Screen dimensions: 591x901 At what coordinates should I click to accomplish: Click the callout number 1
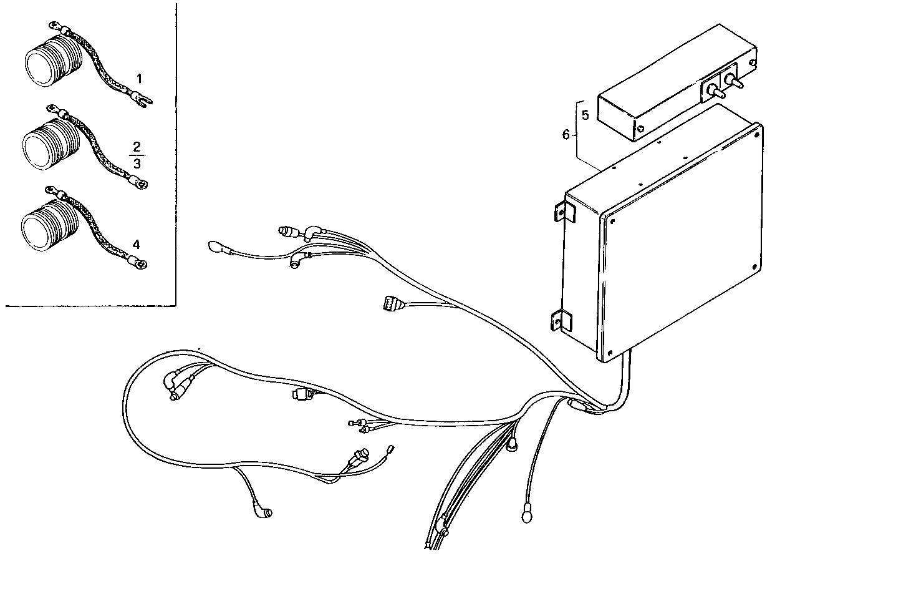[x=139, y=79]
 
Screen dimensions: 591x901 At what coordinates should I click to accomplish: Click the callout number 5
[x=585, y=115]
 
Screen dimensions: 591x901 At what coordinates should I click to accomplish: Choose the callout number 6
[x=566, y=134]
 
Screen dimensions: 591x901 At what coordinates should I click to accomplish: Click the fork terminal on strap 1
[x=143, y=101]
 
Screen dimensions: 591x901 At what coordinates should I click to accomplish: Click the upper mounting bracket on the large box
[x=559, y=210]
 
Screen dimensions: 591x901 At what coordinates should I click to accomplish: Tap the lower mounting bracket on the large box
[x=559, y=321]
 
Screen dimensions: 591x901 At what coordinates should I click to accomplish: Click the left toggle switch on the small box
[x=716, y=92]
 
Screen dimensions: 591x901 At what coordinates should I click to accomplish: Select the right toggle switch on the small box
[x=735, y=82]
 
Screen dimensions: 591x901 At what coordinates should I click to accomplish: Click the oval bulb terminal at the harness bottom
[x=526, y=516]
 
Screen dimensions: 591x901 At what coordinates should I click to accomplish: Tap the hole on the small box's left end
[x=640, y=130]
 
